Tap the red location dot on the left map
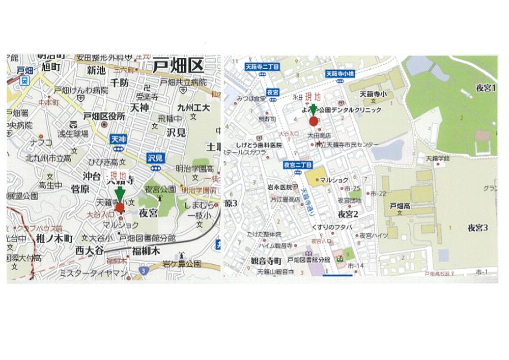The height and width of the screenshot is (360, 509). tap(120, 207)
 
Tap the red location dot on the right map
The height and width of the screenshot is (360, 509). tap(314, 121)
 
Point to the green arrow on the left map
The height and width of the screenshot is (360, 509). tap(119, 194)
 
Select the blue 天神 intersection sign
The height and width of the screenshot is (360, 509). tap(117, 139)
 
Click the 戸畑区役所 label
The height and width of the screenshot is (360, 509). tap(104, 116)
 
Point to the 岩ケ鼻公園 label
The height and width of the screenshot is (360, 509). tap(182, 264)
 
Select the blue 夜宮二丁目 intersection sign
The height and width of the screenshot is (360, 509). tap(297, 164)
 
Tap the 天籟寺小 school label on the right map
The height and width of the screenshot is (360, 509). tap(373, 94)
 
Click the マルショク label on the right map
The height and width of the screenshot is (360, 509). tap(333, 180)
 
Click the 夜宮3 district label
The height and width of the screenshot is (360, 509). tap(478, 227)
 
